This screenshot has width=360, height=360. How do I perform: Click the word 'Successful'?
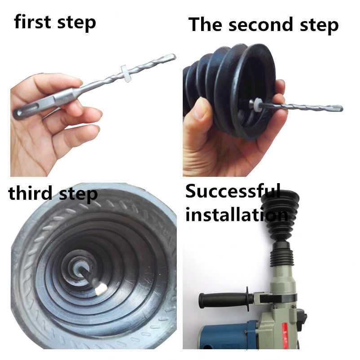tap(233, 191)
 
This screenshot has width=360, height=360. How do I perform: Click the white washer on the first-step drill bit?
tap(125, 70)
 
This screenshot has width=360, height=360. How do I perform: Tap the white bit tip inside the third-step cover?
tap(101, 289)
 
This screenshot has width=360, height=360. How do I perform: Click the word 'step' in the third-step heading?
tap(78, 194)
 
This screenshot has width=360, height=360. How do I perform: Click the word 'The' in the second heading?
tap(206, 24)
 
